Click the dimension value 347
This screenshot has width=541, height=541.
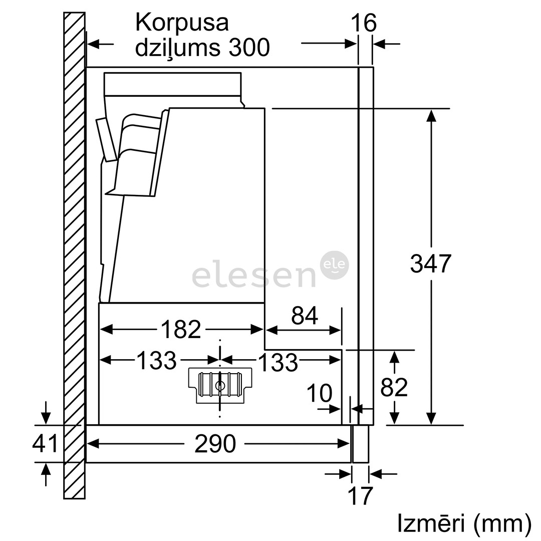[430, 264]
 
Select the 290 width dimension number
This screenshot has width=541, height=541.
[215, 444]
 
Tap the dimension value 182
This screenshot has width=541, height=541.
[180, 329]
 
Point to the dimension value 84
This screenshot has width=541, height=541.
[305, 316]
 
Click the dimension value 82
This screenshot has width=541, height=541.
[394, 387]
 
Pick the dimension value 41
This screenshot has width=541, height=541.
[46, 444]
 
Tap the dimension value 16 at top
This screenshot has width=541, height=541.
[363, 23]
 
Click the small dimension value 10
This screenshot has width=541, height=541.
[319, 394]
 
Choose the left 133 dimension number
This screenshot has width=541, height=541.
[156, 360]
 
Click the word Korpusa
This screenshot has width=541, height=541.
[182, 23]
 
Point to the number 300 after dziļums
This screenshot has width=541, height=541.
[249, 48]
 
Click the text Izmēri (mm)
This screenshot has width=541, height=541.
[464, 523]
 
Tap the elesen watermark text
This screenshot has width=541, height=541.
[253, 277]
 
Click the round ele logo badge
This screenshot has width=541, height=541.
[334, 264]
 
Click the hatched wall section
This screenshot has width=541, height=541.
[74, 250]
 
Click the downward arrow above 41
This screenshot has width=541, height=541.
[46, 415]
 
